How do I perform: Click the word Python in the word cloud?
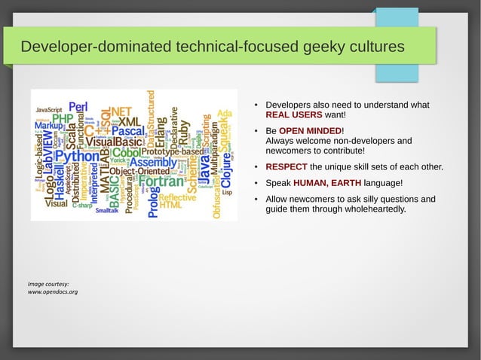pyautogui.click(x=78, y=157)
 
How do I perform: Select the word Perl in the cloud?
pyautogui.click(x=78, y=108)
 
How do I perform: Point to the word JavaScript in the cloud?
pyautogui.click(x=49, y=110)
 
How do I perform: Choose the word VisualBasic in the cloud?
pyautogui.click(x=114, y=142)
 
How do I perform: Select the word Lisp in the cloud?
pyautogui.click(x=227, y=192)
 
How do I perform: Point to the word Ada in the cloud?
pyautogui.click(x=224, y=114)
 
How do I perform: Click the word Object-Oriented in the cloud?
pyautogui.click(x=136, y=172)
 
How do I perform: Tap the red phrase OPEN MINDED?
pyautogui.click(x=311, y=130)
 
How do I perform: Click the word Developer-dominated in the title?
pyautogui.click(x=95, y=47)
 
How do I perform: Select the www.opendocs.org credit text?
pyautogui.click(x=53, y=291)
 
